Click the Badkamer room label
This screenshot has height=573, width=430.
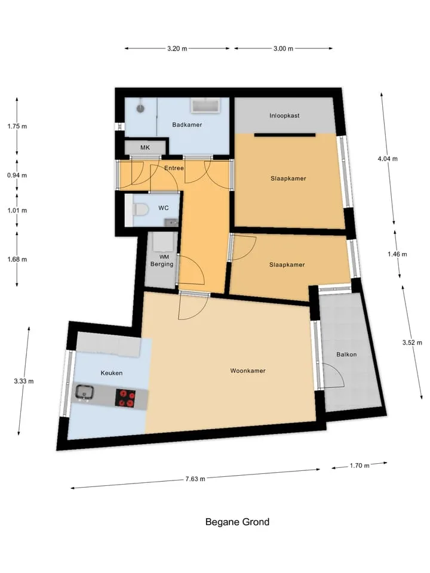tap(187, 125)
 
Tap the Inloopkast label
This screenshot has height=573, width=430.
tap(284, 115)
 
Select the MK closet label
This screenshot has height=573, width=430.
tap(145, 147)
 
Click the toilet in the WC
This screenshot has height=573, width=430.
tap(140, 210)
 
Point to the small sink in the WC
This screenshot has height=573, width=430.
tap(171, 222)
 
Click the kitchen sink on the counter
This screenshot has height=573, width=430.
tap(85, 393)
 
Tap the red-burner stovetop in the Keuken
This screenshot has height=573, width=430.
tap(125, 398)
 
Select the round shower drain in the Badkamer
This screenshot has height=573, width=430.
tap(140, 108)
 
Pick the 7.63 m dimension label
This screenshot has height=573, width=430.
tap(195, 479)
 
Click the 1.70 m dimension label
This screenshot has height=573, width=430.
tap(360, 466)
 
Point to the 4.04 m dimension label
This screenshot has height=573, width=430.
tap(388, 159)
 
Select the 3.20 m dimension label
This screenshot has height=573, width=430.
tap(177, 48)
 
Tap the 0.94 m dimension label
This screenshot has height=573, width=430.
tap(17, 175)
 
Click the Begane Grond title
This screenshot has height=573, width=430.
tap(237, 522)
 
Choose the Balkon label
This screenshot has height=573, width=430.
tap(346, 355)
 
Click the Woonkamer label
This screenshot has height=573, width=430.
tap(248, 371)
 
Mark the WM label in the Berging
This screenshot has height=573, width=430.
tap(164, 257)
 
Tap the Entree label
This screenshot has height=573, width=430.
tap(174, 168)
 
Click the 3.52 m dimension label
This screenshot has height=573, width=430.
tap(412, 343)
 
